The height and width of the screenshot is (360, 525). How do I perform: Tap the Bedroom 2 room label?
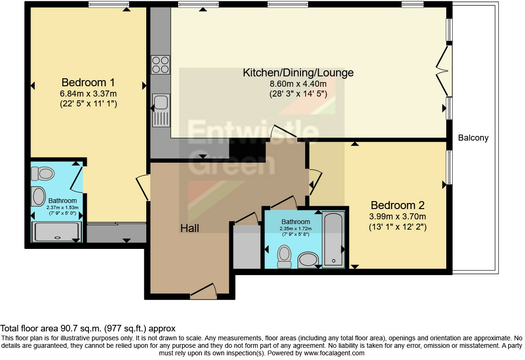click(x=397, y=205)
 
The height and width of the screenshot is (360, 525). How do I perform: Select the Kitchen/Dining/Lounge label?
click(x=298, y=73)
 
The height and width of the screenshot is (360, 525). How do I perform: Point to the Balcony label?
click(x=473, y=138)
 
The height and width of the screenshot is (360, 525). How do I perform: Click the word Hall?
click(x=190, y=228)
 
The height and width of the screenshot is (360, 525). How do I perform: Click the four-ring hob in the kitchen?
click(x=160, y=65)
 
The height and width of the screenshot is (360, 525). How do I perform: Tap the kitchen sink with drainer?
click(x=160, y=110)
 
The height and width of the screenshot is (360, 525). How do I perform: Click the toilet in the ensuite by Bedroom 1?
click(x=42, y=174)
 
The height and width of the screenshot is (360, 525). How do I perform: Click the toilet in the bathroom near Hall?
click(x=284, y=256)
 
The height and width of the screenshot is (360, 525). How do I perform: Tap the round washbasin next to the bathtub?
click(x=308, y=259)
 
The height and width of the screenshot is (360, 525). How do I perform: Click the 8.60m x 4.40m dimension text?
click(x=298, y=84)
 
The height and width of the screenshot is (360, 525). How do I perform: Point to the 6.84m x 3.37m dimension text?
click(x=88, y=94)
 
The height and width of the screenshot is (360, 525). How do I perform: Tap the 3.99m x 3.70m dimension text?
click(x=397, y=216)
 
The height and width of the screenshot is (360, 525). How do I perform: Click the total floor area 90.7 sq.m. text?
click(x=88, y=329)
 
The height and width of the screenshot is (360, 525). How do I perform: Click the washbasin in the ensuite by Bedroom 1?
click(x=39, y=197)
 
